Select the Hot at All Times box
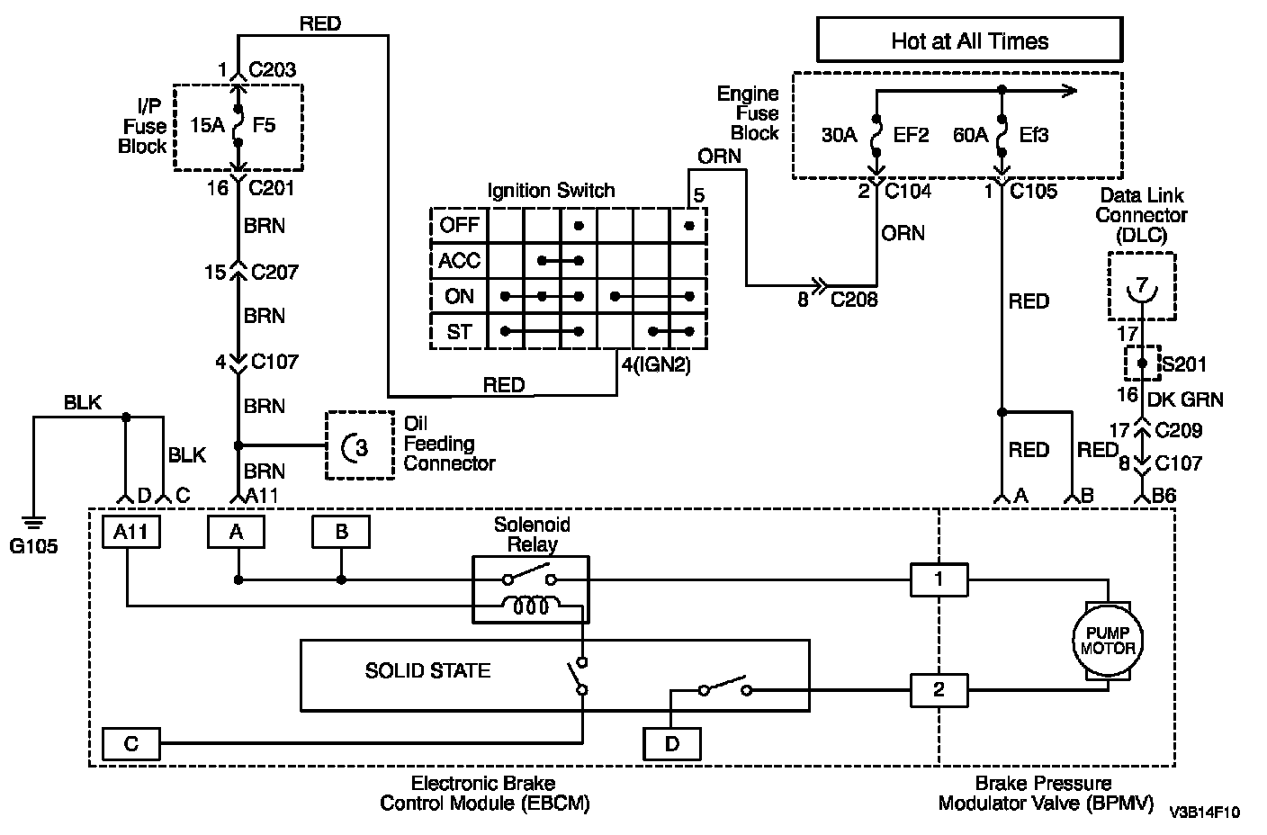click(969, 40)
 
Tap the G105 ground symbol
click(33, 524)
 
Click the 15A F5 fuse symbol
click(238, 125)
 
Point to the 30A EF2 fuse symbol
click(876, 136)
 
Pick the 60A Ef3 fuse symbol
click(1002, 136)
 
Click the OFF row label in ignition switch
click(459, 225)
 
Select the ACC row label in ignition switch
click(459, 261)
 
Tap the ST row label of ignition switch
click(459, 331)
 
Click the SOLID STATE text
click(427, 670)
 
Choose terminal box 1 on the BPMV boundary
click(939, 579)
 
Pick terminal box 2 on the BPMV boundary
click(939, 690)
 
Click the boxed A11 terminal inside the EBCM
click(130, 532)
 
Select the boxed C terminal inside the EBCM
click(130, 743)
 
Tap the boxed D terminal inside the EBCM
click(672, 743)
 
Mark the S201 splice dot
click(1142, 363)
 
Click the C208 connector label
click(854, 300)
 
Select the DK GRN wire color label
click(1185, 400)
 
